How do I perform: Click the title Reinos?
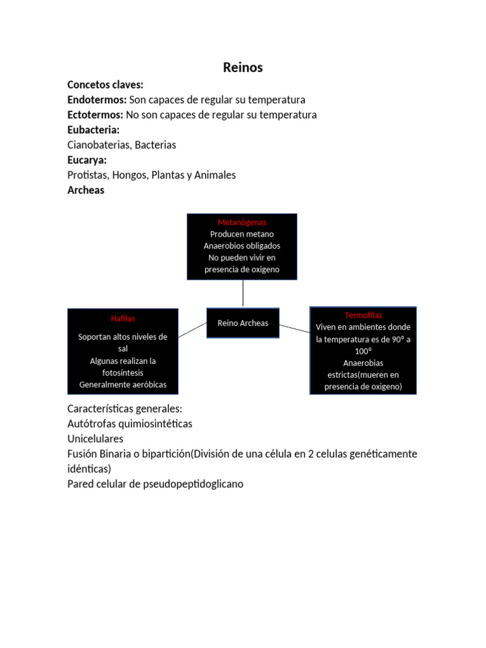tap(242, 68)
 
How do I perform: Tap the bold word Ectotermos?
tap(95, 115)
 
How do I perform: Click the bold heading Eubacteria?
tap(93, 130)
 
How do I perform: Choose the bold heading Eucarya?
tap(87, 160)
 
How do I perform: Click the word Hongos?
tap(127, 175)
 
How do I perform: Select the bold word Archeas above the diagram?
tap(85, 190)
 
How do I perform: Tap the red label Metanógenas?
tap(242, 223)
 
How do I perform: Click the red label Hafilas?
tap(123, 318)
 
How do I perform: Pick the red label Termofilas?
tap(363, 315)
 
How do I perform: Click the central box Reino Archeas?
tap(243, 323)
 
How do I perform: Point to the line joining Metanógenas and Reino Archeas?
tap(243, 294)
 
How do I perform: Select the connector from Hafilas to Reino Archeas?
tap(192, 330)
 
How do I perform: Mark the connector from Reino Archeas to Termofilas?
tap(294, 328)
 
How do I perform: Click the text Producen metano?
tap(242, 234)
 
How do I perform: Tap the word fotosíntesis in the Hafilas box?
tap(123, 373)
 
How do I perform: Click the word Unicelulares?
tap(95, 439)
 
